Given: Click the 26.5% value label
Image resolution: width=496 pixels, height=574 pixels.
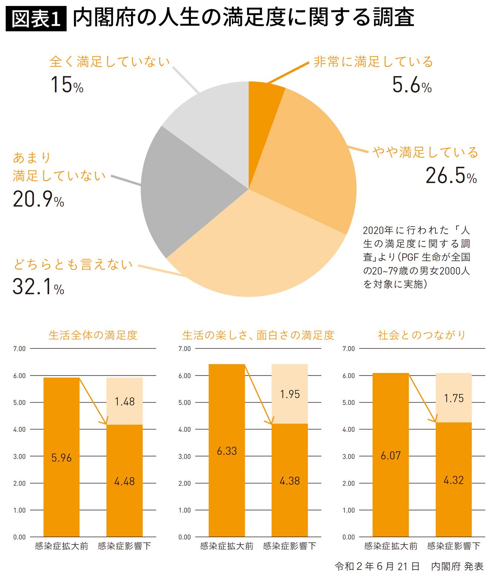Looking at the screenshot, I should click(451, 176).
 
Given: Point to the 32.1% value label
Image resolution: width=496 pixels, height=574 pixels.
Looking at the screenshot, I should click(38, 287).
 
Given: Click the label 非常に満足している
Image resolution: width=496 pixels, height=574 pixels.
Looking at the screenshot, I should click(373, 62).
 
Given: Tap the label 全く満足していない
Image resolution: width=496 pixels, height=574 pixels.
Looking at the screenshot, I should click(110, 62).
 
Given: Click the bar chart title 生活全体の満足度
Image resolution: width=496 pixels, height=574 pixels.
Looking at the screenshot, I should click(93, 335).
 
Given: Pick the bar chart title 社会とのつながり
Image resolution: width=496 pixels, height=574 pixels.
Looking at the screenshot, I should click(422, 335).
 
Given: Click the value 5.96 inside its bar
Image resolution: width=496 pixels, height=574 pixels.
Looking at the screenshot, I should click(61, 458).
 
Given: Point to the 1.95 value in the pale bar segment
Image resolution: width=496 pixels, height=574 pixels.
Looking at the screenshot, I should click(290, 394).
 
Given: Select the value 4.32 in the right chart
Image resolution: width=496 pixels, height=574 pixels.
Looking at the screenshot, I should click(453, 480).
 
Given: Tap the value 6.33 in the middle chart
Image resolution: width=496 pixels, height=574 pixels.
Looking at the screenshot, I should click(227, 451).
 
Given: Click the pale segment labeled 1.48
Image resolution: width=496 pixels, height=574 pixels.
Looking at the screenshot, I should click(125, 401).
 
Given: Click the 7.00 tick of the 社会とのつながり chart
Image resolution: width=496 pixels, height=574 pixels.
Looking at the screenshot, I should click(348, 349).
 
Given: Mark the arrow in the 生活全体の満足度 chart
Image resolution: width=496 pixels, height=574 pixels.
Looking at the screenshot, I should click(93, 401).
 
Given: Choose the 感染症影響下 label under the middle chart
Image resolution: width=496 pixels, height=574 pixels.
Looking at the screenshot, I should click(290, 546).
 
